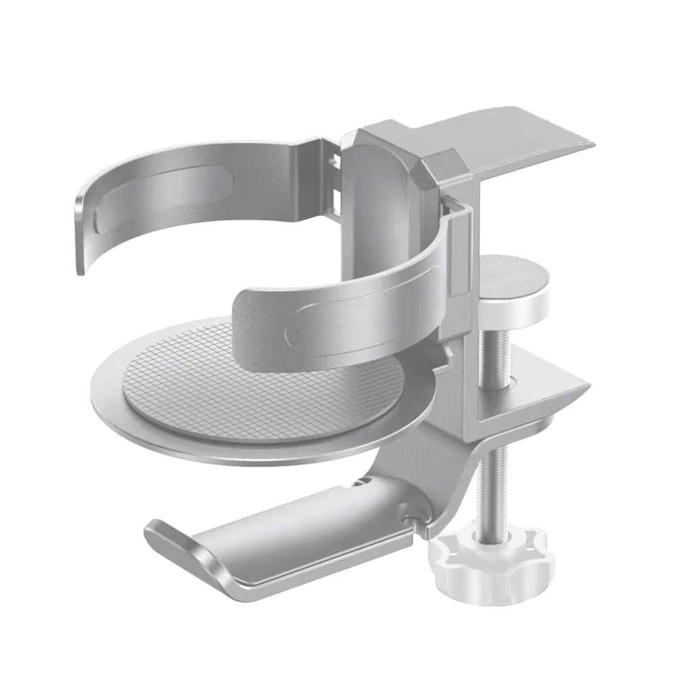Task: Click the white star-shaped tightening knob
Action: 490,564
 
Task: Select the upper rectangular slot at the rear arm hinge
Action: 334,163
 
